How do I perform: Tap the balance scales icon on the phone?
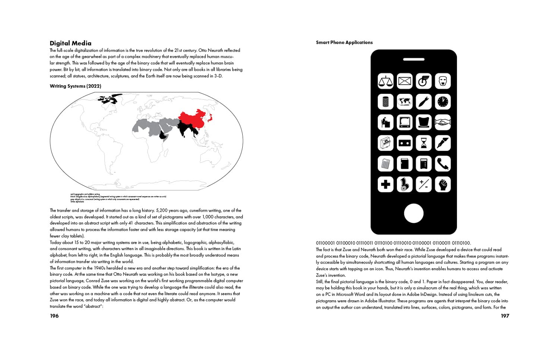coord(386,81)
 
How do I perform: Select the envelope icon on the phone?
coord(405,81)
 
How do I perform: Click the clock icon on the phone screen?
coord(443,101)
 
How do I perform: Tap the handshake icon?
coord(443,122)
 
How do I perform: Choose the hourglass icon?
coord(424,143)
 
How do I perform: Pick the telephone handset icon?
coord(443,164)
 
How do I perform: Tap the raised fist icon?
coord(443,184)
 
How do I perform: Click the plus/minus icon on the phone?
coord(424,184)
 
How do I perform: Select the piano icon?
coord(386,143)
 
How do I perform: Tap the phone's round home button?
coord(414,213)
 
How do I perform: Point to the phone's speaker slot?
coord(414,59)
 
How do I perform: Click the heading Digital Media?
coord(70,43)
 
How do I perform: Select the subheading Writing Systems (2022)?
coord(76,86)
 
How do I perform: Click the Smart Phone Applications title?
coord(344,42)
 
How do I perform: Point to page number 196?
coord(54,316)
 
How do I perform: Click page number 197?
coord(505,316)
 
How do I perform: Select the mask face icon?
coord(443,81)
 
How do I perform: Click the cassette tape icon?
coord(405,143)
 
